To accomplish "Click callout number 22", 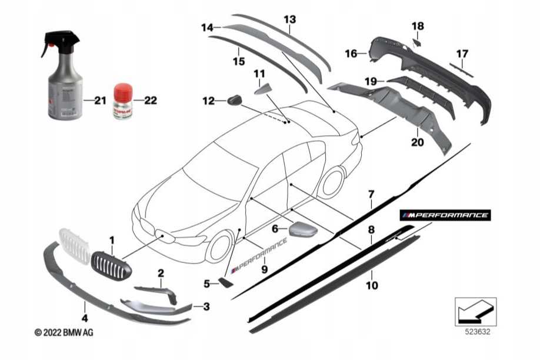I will (150, 101).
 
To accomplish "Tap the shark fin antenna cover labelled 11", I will (261, 89).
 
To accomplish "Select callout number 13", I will (289, 19).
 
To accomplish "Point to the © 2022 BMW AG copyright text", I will (64, 333).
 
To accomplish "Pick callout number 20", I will (417, 141).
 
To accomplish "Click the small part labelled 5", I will (225, 284).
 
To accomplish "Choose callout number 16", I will (351, 54).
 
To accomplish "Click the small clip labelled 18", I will (416, 41).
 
